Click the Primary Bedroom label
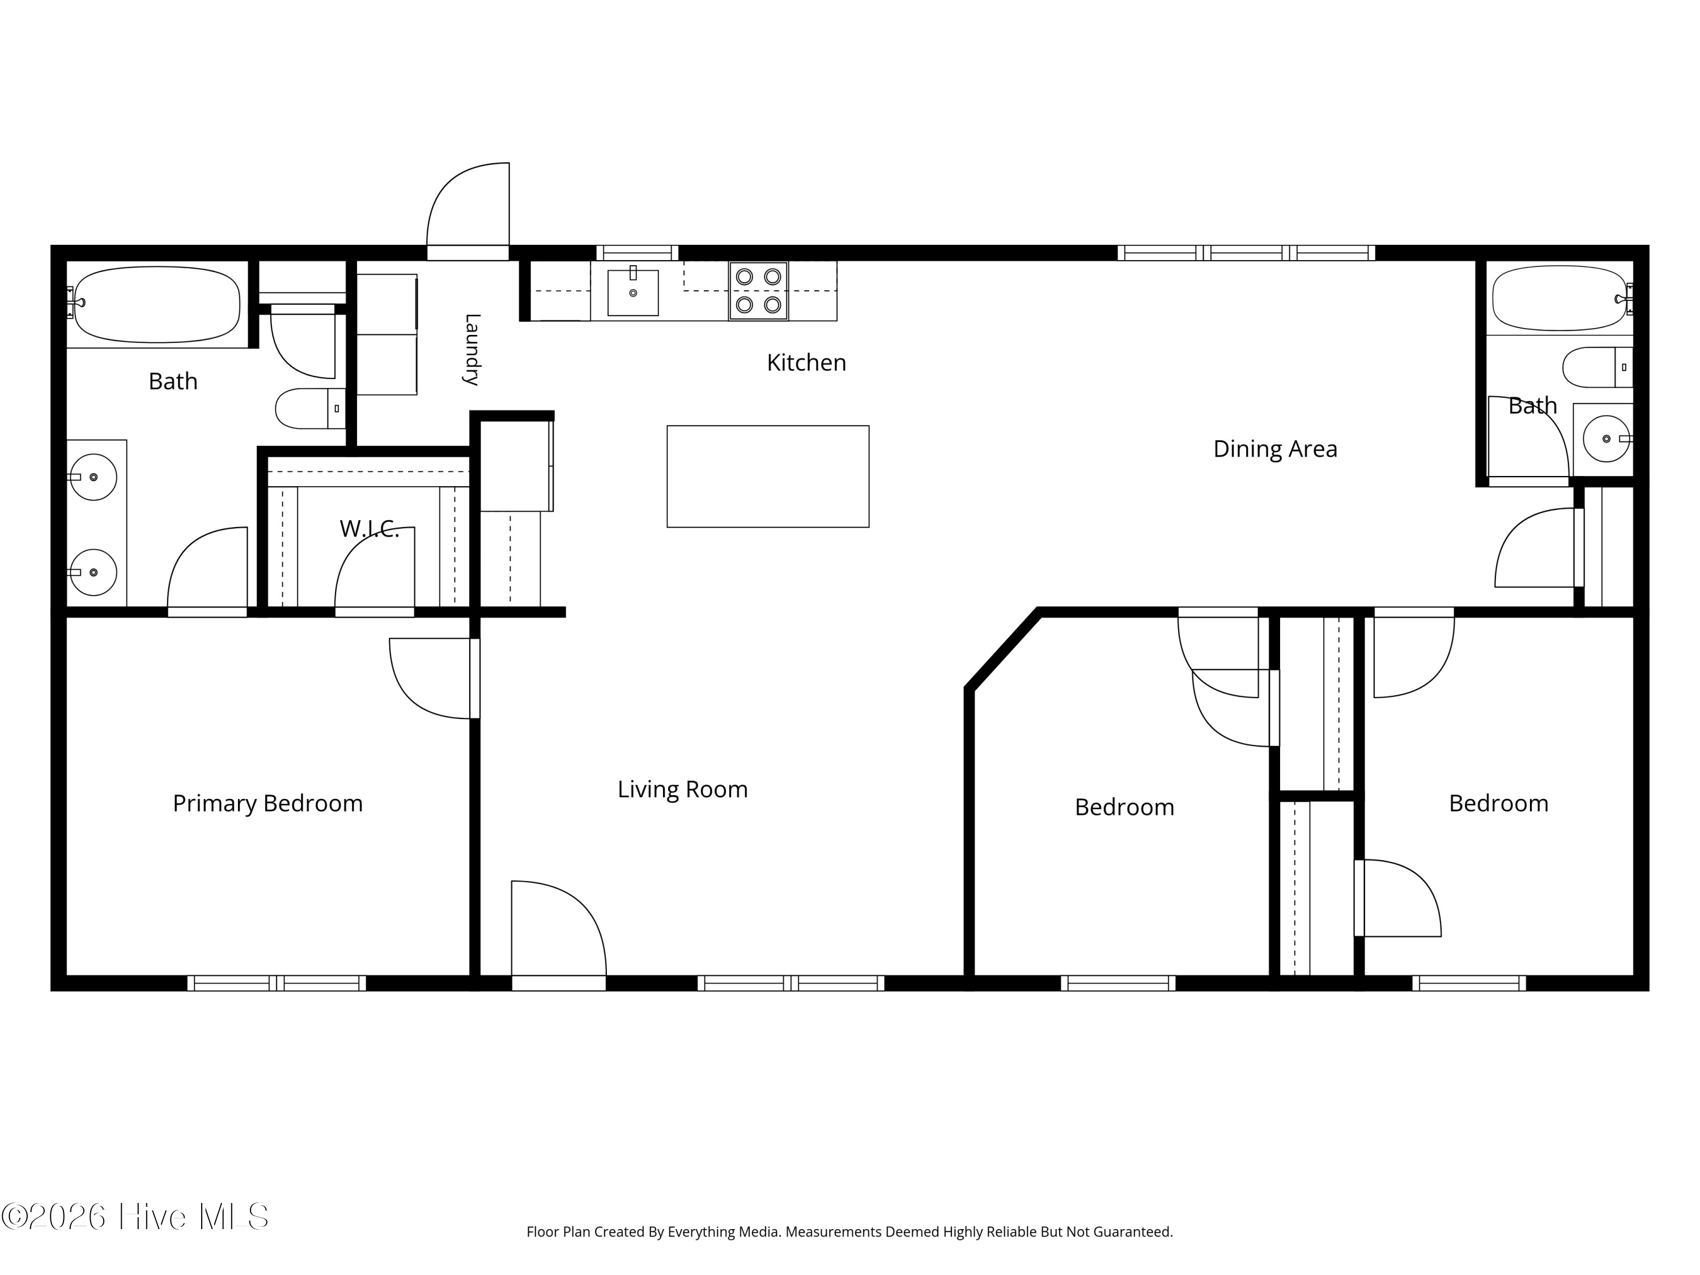(x=267, y=804)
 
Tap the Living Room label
(x=682, y=789)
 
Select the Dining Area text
(x=1275, y=449)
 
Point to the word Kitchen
(x=806, y=363)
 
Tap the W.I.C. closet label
(x=369, y=529)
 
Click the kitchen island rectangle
(x=768, y=477)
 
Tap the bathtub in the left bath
(x=157, y=304)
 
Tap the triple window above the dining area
(x=1246, y=253)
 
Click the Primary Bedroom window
(x=277, y=983)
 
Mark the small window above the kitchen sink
(x=637, y=253)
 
